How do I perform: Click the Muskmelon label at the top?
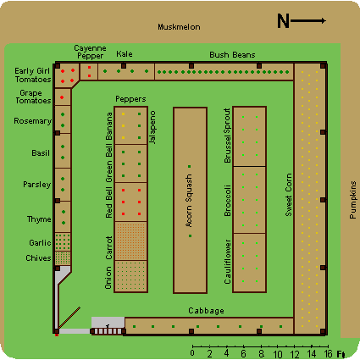pyautogui.click(x=179, y=27)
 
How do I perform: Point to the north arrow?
pyautogui.click(x=308, y=20)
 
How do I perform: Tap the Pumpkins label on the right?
pyautogui.click(x=352, y=200)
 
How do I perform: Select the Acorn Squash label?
pyautogui.click(x=189, y=201)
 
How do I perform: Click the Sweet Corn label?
pyautogui.click(x=288, y=195)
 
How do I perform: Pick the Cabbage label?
pyautogui.click(x=206, y=311)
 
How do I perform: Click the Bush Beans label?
pyautogui.click(x=232, y=55)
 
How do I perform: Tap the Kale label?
pyautogui.click(x=125, y=54)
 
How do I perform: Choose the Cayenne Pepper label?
pyautogui.click(x=90, y=52)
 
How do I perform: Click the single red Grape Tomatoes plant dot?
pyautogui.click(x=62, y=97)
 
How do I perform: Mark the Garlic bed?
pyautogui.click(x=63, y=241)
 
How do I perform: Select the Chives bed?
pyautogui.click(x=63, y=258)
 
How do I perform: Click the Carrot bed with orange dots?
pyautogui.click(x=130, y=241)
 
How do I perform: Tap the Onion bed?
pyautogui.click(x=130, y=276)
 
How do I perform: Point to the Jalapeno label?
pyautogui.click(x=152, y=127)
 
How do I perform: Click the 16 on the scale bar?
pyautogui.click(x=328, y=354)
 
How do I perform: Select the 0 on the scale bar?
pyautogui.click(x=192, y=353)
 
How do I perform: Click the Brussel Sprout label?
pyautogui.click(x=227, y=136)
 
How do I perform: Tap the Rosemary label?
pyautogui.click(x=33, y=121)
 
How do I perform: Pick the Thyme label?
pyautogui.click(x=39, y=219)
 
